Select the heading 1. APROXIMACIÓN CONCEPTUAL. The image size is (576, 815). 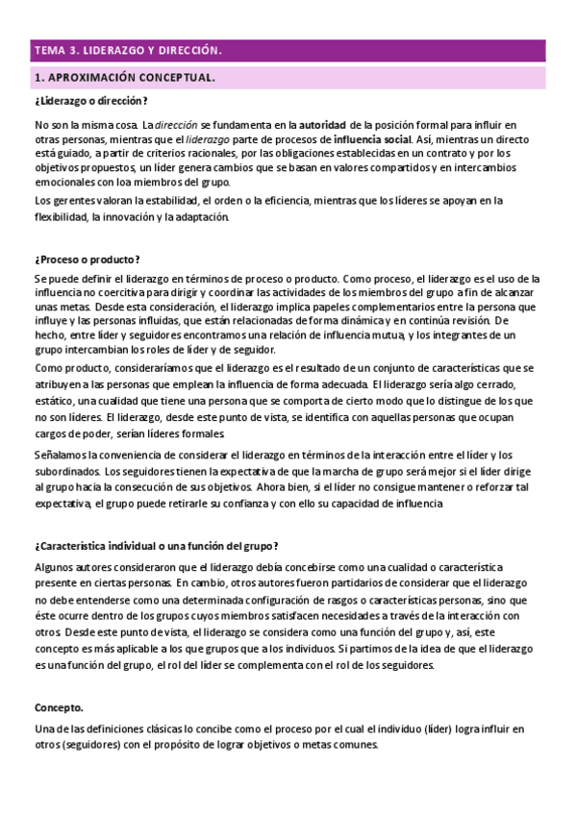point(124,77)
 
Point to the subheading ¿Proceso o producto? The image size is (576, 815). point(88,259)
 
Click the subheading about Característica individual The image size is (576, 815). point(157,546)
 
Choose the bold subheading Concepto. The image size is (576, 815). point(59,706)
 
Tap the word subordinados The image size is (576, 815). point(67,472)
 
